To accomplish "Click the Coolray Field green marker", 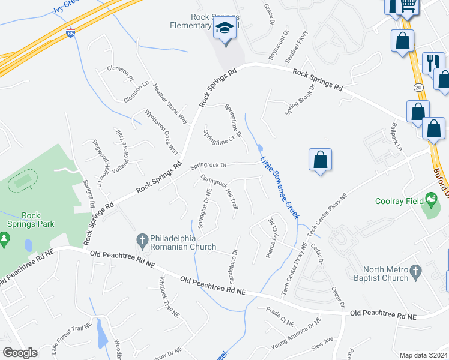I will tap(430, 199).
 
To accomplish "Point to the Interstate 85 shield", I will tap(71, 31).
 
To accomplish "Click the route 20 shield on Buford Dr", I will tap(418, 88).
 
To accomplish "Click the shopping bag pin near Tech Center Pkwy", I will tap(321, 160).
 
